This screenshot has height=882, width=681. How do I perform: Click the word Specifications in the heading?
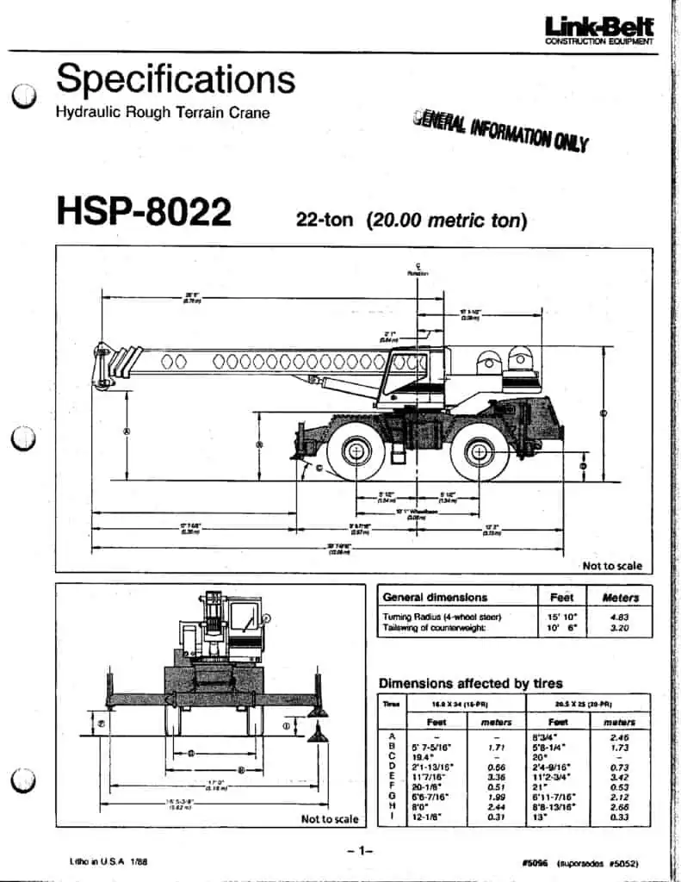pos(176,80)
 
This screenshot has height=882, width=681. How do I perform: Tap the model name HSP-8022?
pos(144,211)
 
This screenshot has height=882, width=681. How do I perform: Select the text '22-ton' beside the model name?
pos(325,220)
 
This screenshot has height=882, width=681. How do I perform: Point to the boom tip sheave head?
pos(104,365)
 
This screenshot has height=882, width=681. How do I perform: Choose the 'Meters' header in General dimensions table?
pos(620,597)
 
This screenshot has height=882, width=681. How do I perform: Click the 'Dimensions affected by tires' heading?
pos(471,683)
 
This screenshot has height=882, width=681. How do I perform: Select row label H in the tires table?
pos(392,805)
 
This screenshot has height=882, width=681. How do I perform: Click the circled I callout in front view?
pos(286,725)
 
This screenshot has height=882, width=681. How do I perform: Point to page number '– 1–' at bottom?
pos(359,851)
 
